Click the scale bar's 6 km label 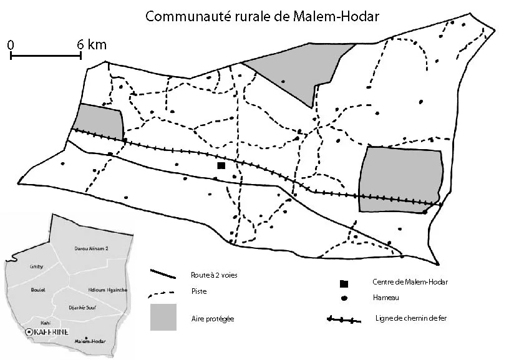[x=92, y=44]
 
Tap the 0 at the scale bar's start [x=12, y=44]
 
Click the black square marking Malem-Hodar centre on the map [x=221, y=165]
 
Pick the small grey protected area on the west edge [x=99, y=121]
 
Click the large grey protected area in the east [x=400, y=180]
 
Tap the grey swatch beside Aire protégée [x=163, y=317]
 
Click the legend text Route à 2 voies [x=214, y=275]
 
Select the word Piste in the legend [x=198, y=291]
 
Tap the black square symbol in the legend [x=344, y=283]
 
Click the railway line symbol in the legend [x=344, y=320]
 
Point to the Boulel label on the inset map [x=38, y=289]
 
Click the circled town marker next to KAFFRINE [x=28, y=333]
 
